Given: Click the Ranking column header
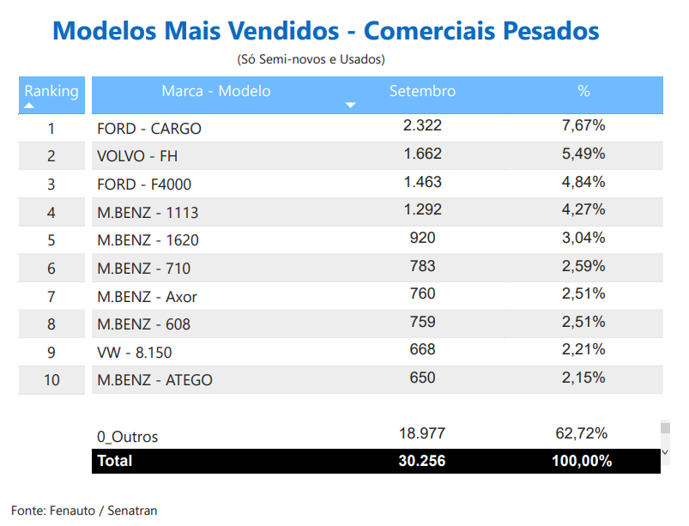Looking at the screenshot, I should [51, 91].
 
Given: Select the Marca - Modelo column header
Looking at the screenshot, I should [215, 91].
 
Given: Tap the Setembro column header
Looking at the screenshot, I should [422, 91].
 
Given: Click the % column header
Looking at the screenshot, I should [583, 91].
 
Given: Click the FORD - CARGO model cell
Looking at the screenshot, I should [149, 129].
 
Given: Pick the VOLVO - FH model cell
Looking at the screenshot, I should [137, 156].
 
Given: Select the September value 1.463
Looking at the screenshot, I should [422, 182].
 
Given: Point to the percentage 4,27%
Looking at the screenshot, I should [583, 209].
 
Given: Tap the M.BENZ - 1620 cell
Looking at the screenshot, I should [148, 240].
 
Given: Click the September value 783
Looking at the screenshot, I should [422, 266].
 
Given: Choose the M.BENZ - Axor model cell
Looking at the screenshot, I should [147, 297].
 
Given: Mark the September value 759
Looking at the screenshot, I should [422, 322].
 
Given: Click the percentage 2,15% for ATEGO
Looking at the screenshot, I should [583, 378].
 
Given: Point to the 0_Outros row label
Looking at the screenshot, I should [128, 437].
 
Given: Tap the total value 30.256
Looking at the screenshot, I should [422, 461].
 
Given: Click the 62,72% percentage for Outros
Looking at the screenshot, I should [582, 433].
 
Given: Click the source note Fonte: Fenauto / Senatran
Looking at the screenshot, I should [84, 511].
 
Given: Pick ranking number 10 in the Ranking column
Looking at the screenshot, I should [51, 380].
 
